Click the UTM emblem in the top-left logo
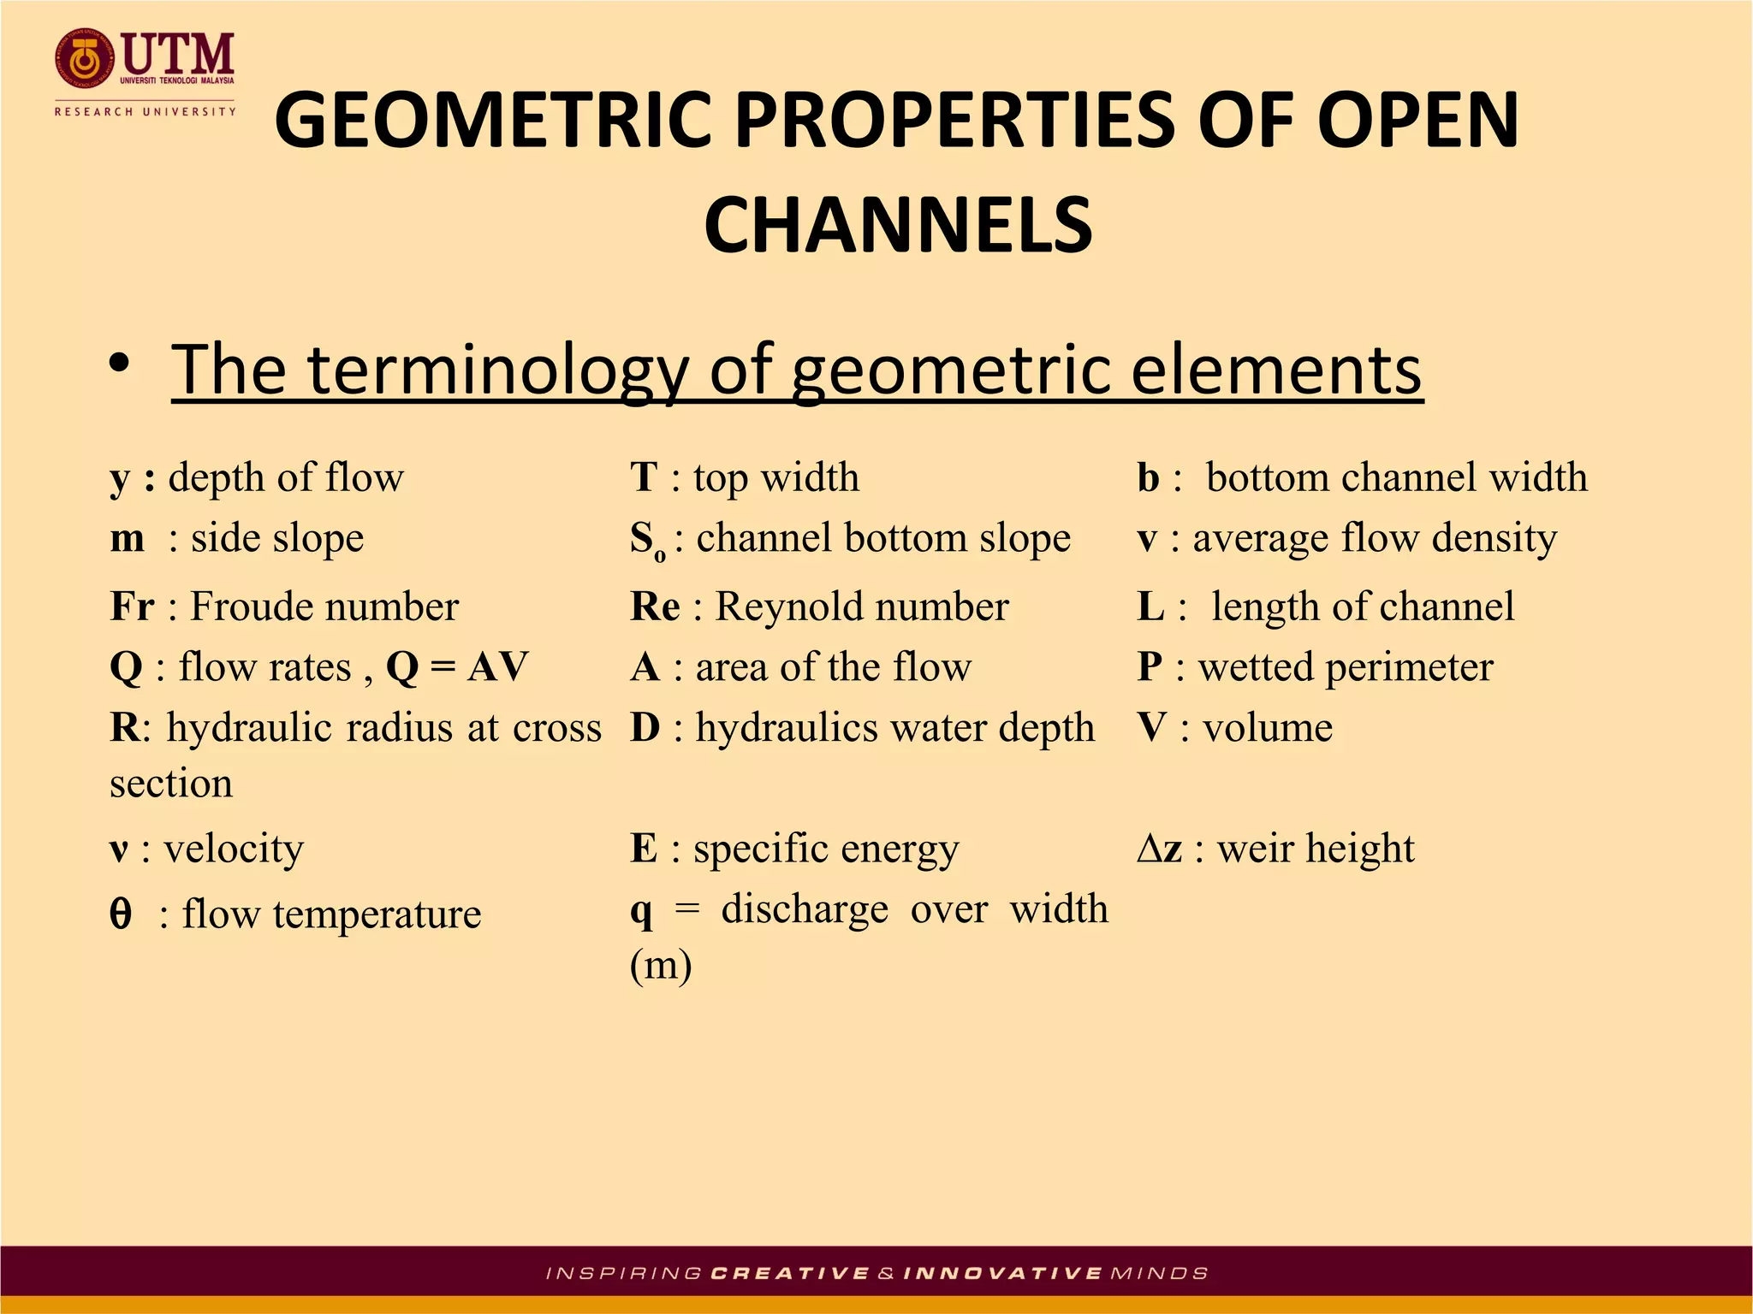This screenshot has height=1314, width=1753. tap(84, 59)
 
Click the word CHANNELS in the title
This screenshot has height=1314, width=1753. tap(898, 224)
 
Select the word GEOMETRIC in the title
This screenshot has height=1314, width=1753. tap(493, 121)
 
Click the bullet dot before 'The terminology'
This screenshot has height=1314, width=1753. tap(120, 364)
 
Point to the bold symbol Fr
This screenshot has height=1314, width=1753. tap(132, 607)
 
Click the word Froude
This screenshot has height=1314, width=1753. tap(251, 607)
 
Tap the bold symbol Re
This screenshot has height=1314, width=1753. tap(655, 607)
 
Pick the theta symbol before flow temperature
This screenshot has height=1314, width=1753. tap(121, 914)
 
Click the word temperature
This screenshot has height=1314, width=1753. tap(377, 914)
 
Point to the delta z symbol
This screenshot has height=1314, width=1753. tap(1159, 849)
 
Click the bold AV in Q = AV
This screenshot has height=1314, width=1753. tap(497, 667)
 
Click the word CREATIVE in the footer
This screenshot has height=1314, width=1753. tap(790, 1274)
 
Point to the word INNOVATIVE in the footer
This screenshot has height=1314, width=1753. tap(1002, 1274)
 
